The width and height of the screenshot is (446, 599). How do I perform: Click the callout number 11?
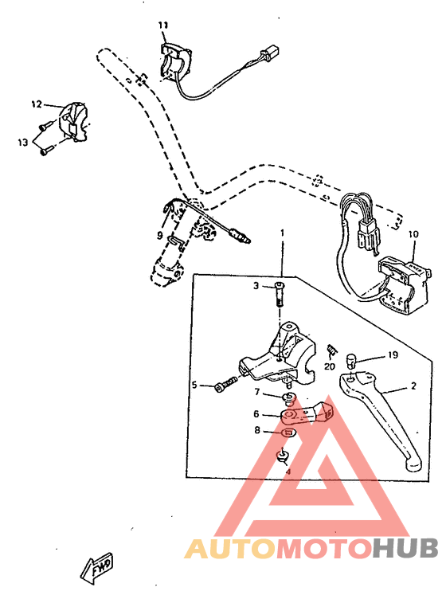162,26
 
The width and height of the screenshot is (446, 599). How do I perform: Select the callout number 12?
36,104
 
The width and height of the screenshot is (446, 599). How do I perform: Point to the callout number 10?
413,234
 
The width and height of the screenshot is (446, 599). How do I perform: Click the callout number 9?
159,236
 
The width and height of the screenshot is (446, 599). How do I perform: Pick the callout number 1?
281,233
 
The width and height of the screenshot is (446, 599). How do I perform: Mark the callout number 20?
328,366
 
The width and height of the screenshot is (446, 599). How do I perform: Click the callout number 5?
194,386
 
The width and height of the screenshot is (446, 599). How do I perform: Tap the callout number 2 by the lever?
413,386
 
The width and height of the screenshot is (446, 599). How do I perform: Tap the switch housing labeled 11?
177,63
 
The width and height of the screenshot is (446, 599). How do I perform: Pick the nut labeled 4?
282,456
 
